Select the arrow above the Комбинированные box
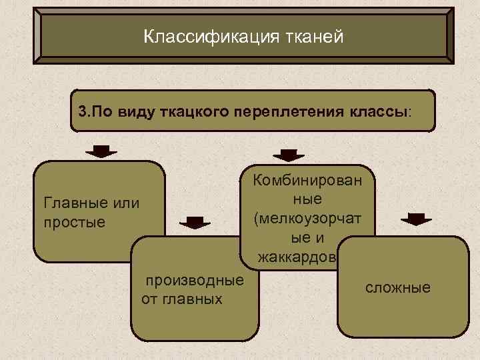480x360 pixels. [287, 155]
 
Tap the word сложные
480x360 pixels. [398, 288]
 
